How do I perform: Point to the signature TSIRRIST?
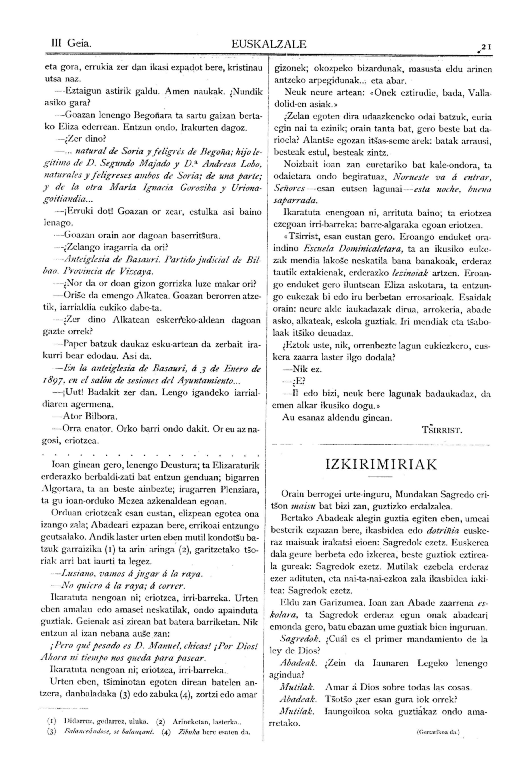tap(442, 430)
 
